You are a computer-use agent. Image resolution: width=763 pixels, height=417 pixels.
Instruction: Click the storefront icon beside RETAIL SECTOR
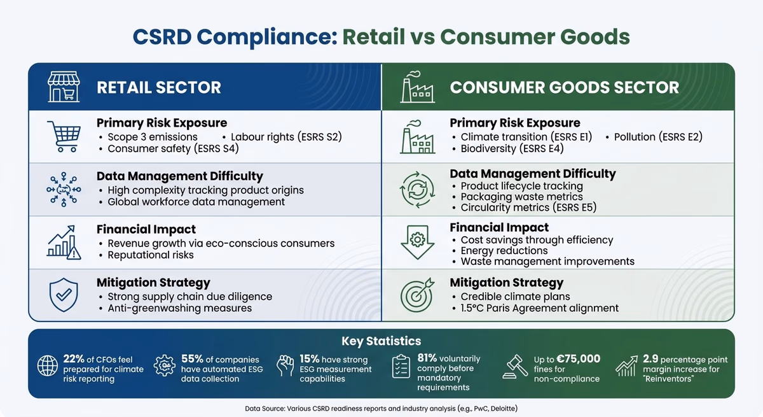[x=63, y=87]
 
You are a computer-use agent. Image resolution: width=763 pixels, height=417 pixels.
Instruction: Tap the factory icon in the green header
[x=417, y=87]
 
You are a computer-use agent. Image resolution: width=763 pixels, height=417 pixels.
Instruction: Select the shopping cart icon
[x=63, y=136]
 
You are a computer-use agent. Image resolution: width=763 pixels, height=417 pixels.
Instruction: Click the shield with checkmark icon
[x=63, y=295]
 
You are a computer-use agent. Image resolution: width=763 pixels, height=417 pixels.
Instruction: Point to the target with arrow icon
[x=417, y=295]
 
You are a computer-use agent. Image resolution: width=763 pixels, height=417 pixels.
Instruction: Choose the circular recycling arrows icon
[x=417, y=190]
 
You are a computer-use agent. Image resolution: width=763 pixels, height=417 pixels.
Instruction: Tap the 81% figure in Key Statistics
[x=427, y=358]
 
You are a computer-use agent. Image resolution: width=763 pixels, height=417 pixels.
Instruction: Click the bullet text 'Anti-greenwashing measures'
[x=179, y=308]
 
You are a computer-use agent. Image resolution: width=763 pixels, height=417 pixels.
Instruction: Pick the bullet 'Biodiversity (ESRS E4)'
[x=512, y=149]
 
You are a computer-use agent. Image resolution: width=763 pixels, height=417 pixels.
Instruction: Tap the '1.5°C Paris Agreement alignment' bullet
[x=539, y=308]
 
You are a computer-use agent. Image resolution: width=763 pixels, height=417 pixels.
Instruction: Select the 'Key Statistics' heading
[x=381, y=341]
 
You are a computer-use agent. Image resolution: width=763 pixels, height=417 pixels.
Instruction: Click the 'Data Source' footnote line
[x=381, y=407]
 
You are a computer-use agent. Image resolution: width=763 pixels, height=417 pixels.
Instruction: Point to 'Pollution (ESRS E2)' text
[x=658, y=137]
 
